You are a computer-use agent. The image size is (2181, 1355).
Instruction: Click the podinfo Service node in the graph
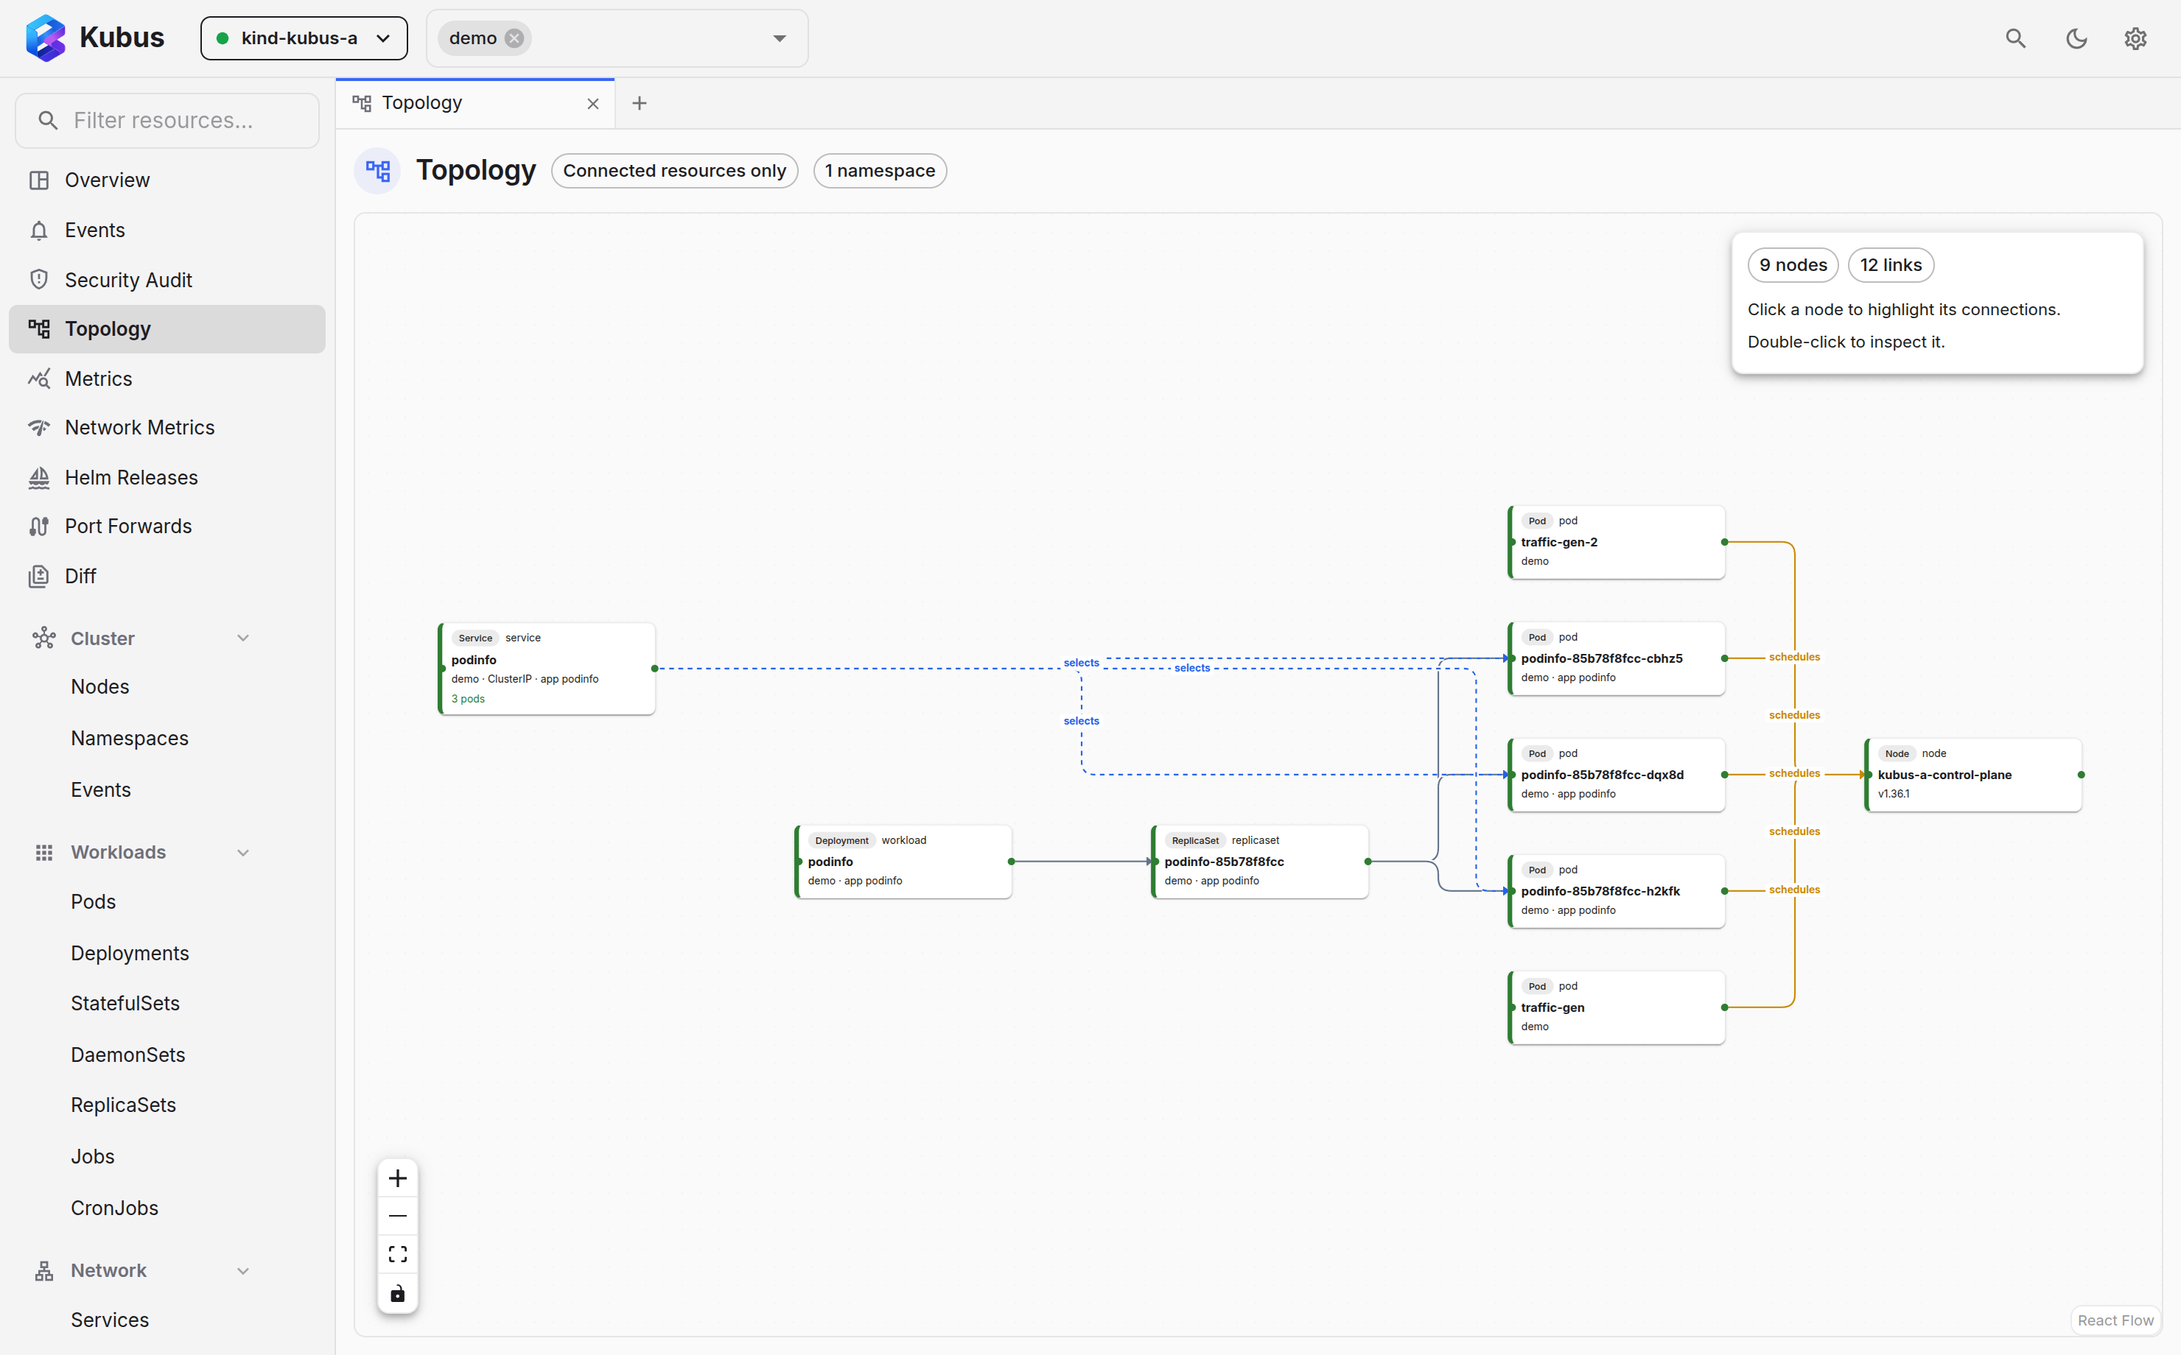547,669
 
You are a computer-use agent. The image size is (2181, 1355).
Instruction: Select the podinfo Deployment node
903,861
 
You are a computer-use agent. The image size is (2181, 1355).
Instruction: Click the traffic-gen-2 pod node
1617,542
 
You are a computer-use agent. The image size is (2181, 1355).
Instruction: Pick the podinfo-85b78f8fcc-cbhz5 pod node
1617,658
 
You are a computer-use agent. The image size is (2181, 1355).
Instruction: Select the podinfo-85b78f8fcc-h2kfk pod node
1617,891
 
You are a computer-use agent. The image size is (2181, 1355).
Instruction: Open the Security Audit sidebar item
128,280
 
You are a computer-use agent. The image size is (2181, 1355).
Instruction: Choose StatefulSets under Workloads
125,1004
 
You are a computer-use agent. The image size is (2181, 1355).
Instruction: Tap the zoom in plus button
398,1178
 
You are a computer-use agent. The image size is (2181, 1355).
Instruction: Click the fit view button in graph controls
398,1253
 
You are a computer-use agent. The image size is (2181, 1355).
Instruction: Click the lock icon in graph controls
398,1293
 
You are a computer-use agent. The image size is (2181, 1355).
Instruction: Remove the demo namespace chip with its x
514,38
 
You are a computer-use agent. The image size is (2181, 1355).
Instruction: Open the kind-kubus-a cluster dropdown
304,38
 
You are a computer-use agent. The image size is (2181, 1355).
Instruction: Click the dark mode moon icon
2076,38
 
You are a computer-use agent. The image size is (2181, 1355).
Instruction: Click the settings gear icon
2135,38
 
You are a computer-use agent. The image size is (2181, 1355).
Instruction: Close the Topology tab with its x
593,104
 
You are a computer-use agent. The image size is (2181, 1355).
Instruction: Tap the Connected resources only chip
675,171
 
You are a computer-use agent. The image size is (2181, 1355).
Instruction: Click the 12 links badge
1891,265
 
